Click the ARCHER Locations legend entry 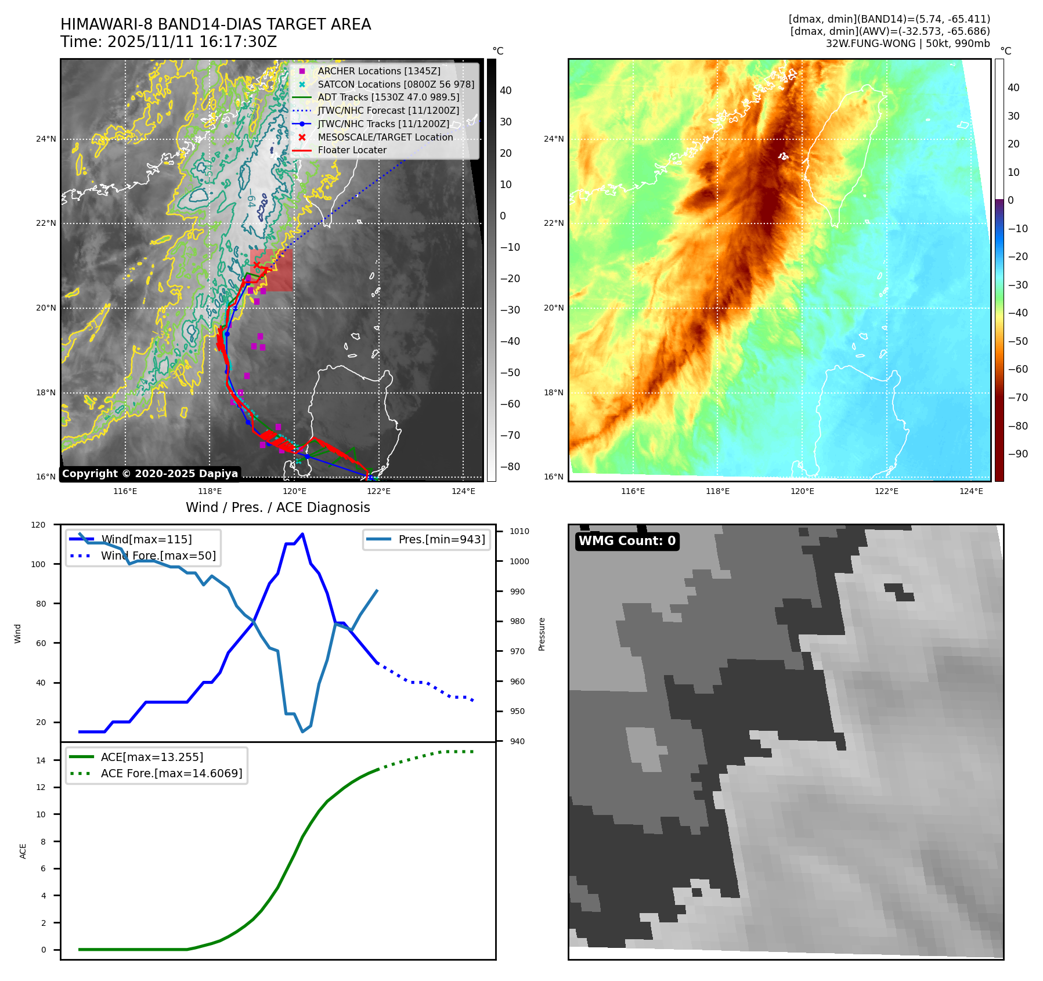point(378,71)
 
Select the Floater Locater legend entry point(352,150)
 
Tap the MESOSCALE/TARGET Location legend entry point(385,137)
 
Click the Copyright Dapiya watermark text point(150,474)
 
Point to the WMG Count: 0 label point(627,541)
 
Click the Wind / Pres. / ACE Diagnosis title point(277,507)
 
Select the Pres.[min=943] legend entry point(441,539)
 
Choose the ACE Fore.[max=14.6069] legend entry point(171,773)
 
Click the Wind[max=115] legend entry point(146,539)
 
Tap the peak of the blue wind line point(302,534)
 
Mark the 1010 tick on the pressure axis point(519,531)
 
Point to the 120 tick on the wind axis point(38,525)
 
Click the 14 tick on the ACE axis point(41,760)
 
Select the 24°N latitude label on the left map point(46,139)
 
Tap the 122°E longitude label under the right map point(886,491)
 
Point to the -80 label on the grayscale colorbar point(510,467)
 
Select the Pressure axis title point(542,634)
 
